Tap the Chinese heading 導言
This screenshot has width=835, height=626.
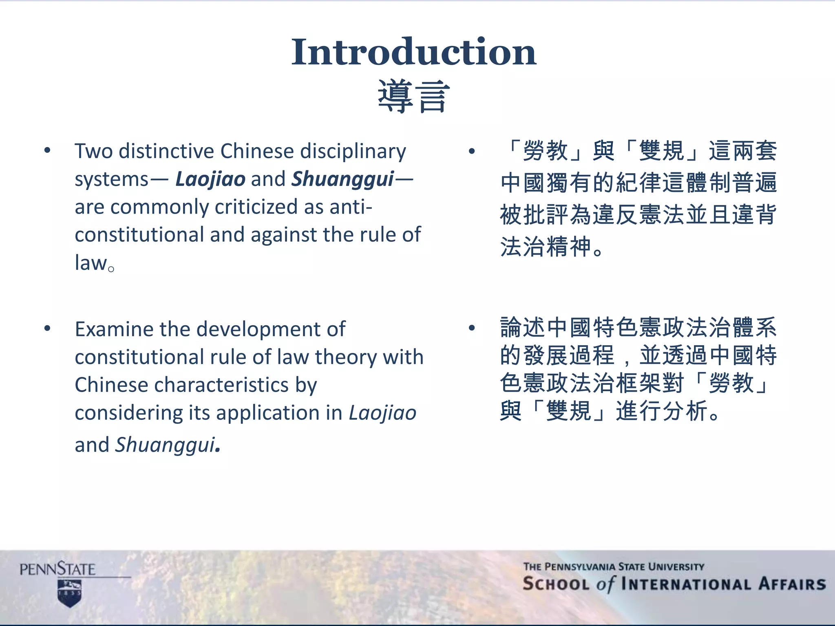click(x=413, y=97)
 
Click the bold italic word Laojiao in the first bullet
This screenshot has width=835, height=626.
click(x=210, y=179)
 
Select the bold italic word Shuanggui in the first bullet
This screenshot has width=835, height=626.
click(x=343, y=179)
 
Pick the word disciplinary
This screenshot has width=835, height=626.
click(x=353, y=151)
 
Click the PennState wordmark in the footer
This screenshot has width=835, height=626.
click(x=57, y=569)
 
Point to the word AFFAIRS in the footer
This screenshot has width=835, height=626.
click(x=792, y=584)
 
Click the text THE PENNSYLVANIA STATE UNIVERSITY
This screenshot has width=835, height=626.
click(x=614, y=566)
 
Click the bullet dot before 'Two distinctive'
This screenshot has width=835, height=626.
click(x=47, y=150)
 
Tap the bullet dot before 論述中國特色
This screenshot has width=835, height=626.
click(x=472, y=328)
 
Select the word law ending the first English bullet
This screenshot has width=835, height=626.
click(x=91, y=263)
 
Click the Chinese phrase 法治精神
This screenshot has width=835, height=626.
click(x=546, y=247)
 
